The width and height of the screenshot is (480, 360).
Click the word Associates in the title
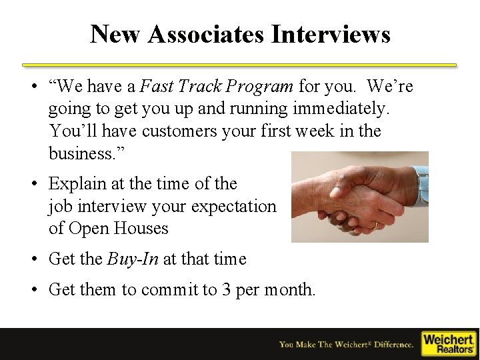pos(203,33)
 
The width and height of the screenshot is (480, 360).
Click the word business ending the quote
pos(82,153)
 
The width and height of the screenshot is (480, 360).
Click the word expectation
pos(233,206)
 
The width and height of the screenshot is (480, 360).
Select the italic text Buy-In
pos(133,259)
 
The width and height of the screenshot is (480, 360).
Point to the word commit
pos(171,289)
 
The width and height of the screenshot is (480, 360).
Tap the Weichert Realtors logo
pos(449,343)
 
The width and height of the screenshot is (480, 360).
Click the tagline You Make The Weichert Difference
pos(346,345)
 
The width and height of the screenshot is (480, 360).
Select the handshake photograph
pos(359,197)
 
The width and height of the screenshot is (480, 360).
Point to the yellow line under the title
pos(239,65)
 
